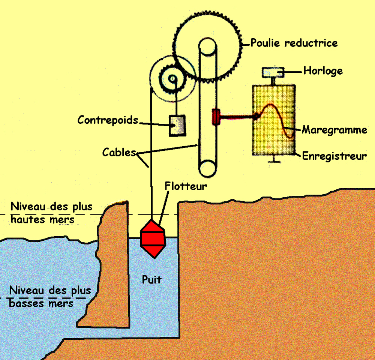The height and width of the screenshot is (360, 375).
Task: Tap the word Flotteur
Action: pyautogui.click(x=186, y=186)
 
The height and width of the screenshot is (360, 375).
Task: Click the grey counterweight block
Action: pyautogui.click(x=177, y=126)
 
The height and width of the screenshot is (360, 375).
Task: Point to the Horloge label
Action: pyautogui.click(x=323, y=70)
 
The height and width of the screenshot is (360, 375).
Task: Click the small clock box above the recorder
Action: pyautogui.click(x=273, y=71)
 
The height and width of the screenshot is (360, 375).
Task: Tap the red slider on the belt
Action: pyautogui.click(x=216, y=117)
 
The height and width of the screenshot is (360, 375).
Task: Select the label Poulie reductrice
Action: pyautogui.click(x=294, y=43)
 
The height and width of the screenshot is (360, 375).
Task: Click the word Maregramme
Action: pyautogui.click(x=334, y=130)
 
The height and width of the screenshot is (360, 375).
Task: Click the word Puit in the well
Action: pyautogui.click(x=151, y=279)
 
